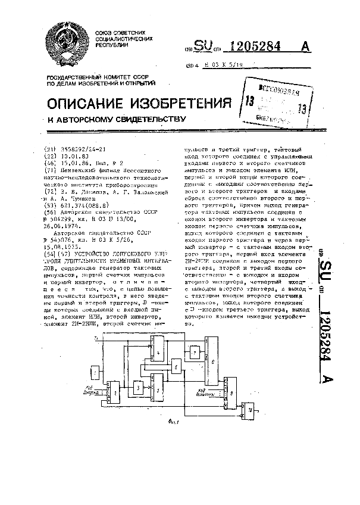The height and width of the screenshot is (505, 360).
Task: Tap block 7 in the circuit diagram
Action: pos(195,354)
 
